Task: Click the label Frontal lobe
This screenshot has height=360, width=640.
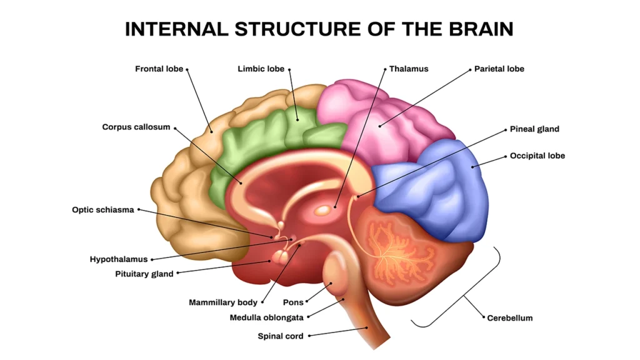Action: pyautogui.click(x=159, y=69)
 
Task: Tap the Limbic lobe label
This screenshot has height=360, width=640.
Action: pyautogui.click(x=261, y=69)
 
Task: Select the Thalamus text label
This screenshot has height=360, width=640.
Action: pyautogui.click(x=409, y=69)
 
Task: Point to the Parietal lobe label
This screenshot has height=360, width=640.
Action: pyautogui.click(x=499, y=69)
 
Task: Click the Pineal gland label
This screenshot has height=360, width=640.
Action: pyautogui.click(x=534, y=129)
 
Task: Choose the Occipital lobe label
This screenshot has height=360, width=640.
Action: pyautogui.click(x=537, y=156)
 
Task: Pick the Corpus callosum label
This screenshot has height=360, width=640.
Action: pyautogui.click(x=136, y=127)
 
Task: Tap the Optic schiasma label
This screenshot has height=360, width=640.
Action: pyautogui.click(x=103, y=210)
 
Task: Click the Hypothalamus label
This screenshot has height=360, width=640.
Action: pyautogui.click(x=119, y=259)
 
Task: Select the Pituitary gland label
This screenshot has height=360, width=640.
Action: pyautogui.click(x=144, y=274)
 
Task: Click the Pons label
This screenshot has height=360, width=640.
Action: pyautogui.click(x=293, y=302)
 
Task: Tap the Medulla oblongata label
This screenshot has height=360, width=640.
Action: pyautogui.click(x=266, y=317)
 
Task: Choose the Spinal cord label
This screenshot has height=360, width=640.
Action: pyautogui.click(x=281, y=336)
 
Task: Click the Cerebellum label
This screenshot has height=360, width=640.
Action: pyautogui.click(x=510, y=318)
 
